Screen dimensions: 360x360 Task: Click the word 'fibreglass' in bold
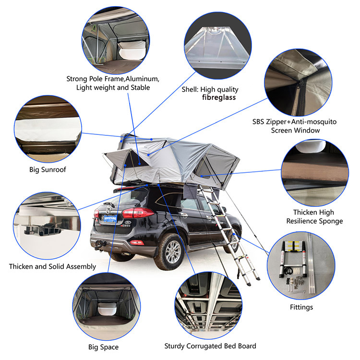tap(219, 97)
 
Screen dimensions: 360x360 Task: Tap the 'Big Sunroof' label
tap(48, 169)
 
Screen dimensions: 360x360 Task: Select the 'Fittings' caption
tap(301, 307)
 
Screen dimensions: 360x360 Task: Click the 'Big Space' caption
tap(104, 347)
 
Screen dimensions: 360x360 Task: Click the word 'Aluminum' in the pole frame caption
tap(143, 79)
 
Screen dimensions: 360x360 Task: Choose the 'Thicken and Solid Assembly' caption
tap(53, 266)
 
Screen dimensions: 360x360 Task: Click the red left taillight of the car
tap(137, 213)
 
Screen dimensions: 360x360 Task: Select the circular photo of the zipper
tap(298, 82)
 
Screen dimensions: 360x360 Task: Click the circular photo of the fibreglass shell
tap(217, 46)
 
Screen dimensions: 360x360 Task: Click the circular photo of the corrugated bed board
tap(208, 305)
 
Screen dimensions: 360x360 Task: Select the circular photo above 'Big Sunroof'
tap(48, 129)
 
